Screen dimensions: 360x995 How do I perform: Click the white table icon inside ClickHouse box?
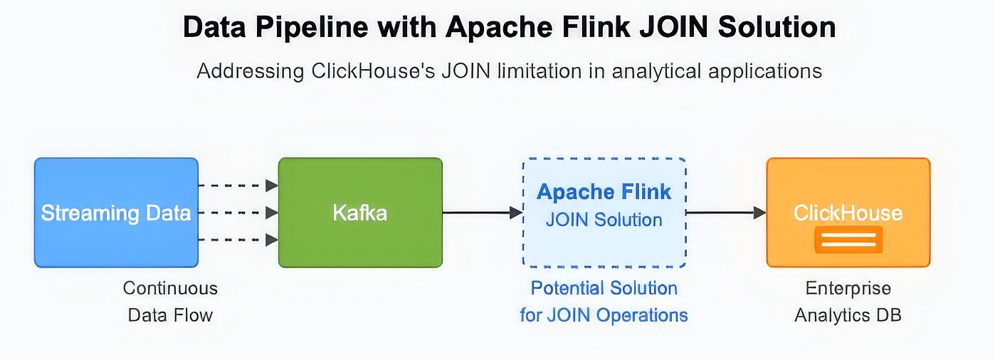pos(848,240)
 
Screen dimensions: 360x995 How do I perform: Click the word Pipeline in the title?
pos(309,28)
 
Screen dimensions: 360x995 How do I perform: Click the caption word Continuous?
pos(170,288)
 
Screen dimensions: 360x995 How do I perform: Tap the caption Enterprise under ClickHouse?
pos(848,288)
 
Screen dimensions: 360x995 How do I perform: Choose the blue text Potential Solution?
pos(604,288)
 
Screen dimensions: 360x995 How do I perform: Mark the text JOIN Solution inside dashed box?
pos(604,220)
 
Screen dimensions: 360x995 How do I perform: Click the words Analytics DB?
pos(848,315)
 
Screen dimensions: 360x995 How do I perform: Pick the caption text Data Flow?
pos(170,315)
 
